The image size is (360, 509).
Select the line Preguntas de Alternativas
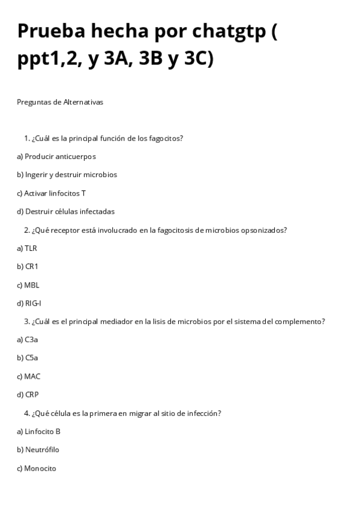60,102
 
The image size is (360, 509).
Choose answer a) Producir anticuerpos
56,157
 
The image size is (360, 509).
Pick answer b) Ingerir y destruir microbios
67,175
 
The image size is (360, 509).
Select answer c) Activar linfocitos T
51,193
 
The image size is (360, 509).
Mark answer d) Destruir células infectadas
65,211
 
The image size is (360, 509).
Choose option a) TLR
27,248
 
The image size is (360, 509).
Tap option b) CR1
28,267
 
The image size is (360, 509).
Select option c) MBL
28,285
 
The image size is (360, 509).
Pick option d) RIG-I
29,303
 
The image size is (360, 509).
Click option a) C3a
28,340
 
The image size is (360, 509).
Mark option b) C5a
28,358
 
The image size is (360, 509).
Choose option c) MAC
29,376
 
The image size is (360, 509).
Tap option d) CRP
28,395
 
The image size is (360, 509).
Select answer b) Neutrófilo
38,450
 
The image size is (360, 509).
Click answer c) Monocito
37,468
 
